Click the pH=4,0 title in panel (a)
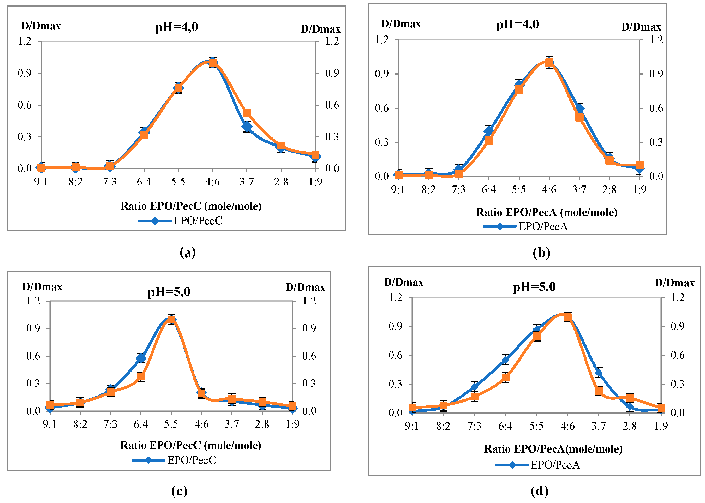point(176,27)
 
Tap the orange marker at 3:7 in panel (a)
point(247,113)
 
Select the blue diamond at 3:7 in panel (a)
point(247,126)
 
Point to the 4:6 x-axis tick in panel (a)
point(212,182)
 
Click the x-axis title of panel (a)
point(191,206)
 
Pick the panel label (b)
point(541,253)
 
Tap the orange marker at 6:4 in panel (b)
point(489,140)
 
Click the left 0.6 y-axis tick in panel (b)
point(382,108)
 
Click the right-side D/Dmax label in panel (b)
point(641,27)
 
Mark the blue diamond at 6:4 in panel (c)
point(141,358)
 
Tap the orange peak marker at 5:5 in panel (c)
point(171,319)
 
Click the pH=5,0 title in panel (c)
point(169,291)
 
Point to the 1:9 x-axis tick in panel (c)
point(292,424)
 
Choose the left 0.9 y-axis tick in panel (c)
point(33,328)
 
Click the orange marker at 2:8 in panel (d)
point(630,398)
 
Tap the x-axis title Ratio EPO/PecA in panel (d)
point(553,449)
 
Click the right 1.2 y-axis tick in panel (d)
point(677,297)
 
